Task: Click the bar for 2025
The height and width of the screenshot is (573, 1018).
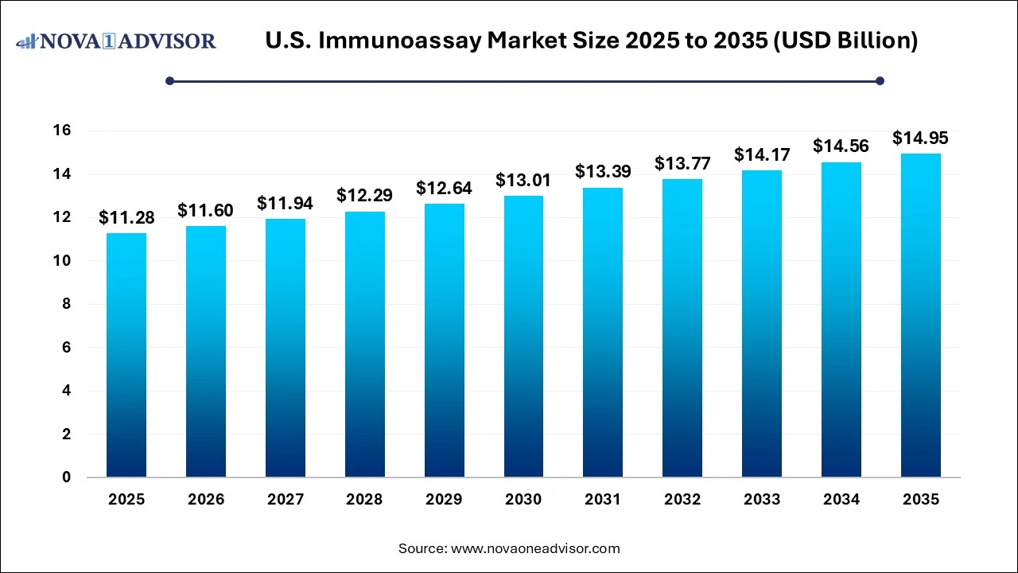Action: coord(126,355)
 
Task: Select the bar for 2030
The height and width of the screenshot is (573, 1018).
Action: coord(523,337)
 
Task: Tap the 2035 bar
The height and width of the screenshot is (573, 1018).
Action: coord(920,315)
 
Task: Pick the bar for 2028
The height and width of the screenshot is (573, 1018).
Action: coord(364,345)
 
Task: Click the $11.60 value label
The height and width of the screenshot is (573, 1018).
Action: coord(205,211)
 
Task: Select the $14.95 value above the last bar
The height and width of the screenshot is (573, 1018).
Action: coord(920,138)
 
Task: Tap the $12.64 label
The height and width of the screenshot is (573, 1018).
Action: coord(444,189)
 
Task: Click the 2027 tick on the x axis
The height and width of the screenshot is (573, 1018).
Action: coord(285,500)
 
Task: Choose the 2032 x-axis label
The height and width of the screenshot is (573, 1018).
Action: coord(682,500)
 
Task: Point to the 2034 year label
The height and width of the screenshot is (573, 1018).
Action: coord(841,500)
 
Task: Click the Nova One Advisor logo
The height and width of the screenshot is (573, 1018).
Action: coord(116,41)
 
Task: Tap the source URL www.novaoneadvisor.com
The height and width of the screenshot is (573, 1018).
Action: coord(535,548)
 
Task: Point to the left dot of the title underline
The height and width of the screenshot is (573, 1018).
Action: coord(169,80)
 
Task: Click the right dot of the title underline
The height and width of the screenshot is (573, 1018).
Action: coord(880,80)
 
